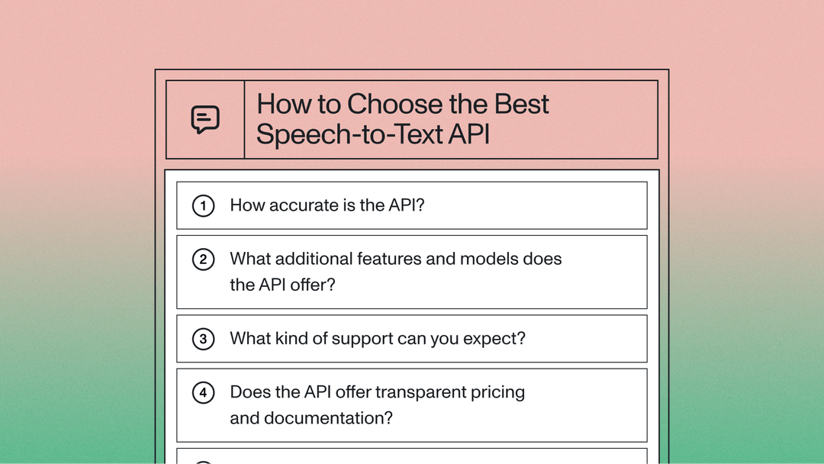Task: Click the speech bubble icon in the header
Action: point(205,119)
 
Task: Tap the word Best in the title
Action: point(522,105)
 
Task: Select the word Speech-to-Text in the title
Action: point(349,134)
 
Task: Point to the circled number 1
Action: point(203,205)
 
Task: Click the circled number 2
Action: point(203,259)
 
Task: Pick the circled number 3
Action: point(203,339)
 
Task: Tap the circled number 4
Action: point(203,393)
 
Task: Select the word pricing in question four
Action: point(496,393)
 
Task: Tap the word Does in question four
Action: point(249,392)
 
